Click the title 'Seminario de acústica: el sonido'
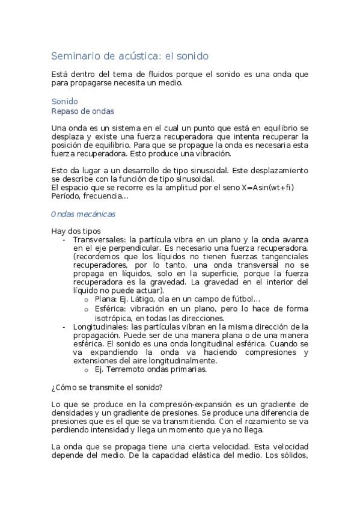[130, 56]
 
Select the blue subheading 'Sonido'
[64, 102]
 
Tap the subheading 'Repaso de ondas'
[83, 111]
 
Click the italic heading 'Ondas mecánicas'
[84, 214]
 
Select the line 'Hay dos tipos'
[76, 231]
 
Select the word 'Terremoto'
[123, 370]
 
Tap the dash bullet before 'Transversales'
[64, 239]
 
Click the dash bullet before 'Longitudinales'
[64, 327]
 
